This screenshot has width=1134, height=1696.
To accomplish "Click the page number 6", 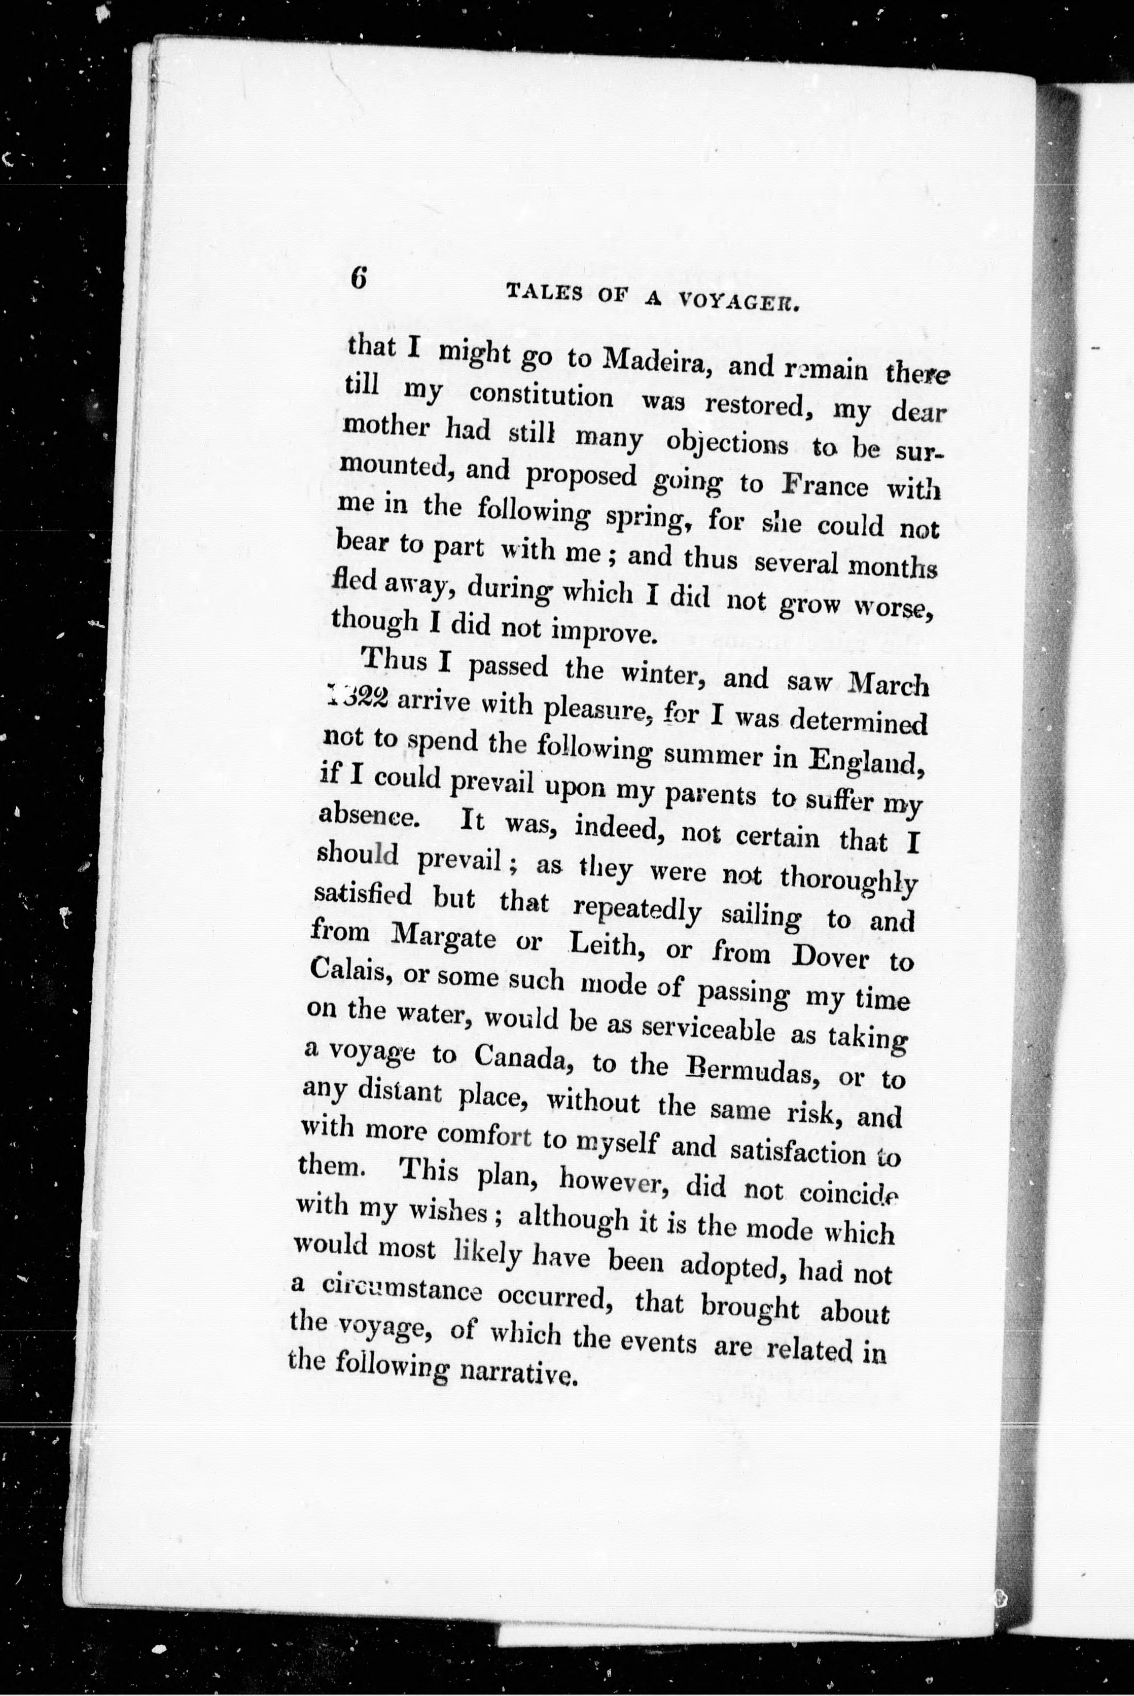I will click(359, 278).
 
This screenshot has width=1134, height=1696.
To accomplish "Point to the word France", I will click(825, 485).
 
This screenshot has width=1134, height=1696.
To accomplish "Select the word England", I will click(867, 759).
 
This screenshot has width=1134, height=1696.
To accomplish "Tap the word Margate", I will click(443, 939).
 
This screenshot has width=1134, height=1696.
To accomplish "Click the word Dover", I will click(830, 957).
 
